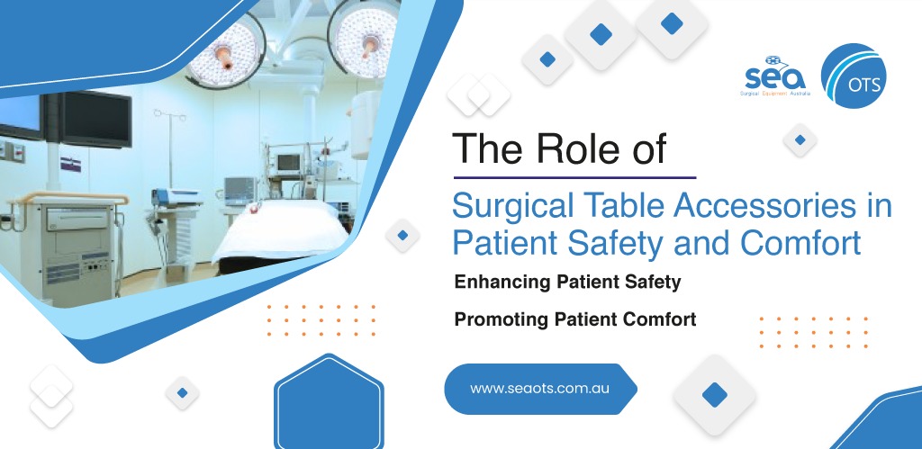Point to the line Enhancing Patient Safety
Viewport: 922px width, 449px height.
point(567,283)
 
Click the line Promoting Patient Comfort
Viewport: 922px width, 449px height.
point(575,319)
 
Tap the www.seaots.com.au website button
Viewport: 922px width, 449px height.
point(540,389)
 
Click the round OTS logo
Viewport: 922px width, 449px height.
point(854,76)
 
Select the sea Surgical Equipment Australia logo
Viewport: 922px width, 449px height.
point(776,77)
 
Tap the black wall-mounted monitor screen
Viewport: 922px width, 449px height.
point(95,120)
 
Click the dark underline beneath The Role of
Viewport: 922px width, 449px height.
point(574,177)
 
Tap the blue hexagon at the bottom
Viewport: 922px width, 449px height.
point(329,402)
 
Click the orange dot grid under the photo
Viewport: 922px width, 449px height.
point(321,320)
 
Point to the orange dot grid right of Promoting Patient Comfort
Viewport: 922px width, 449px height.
point(813,332)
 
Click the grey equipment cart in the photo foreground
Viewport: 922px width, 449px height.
point(68,247)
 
